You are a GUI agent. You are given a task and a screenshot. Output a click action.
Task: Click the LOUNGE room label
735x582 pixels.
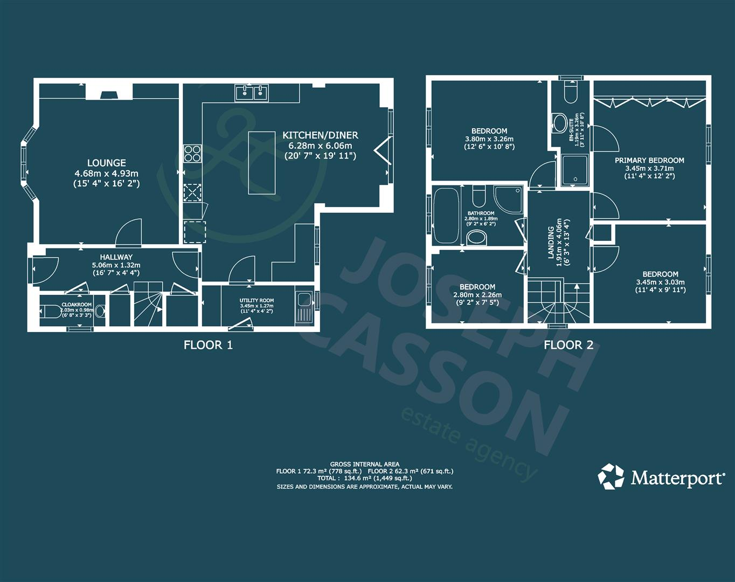(107, 163)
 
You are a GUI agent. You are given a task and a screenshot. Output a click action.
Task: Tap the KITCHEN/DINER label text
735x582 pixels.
(320, 135)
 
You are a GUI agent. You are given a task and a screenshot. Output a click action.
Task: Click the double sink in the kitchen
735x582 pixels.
(252, 93)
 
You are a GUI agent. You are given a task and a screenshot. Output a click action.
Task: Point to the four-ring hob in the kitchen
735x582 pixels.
(192, 154)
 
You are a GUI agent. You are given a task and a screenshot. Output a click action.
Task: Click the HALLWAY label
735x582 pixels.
(116, 258)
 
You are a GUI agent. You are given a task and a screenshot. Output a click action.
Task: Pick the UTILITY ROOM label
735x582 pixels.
(256, 301)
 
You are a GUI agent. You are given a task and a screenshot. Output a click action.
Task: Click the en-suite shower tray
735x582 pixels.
(574, 170)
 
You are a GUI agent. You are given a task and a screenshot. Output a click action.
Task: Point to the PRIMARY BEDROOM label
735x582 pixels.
(649, 160)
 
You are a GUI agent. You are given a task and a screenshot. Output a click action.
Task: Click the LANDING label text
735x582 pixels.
(551, 242)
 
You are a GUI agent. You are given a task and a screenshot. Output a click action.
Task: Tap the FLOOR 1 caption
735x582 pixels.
(208, 345)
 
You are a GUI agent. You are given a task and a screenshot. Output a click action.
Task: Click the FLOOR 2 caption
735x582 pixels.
(568, 345)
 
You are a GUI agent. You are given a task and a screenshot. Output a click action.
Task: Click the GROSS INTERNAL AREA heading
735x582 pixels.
(365, 464)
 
